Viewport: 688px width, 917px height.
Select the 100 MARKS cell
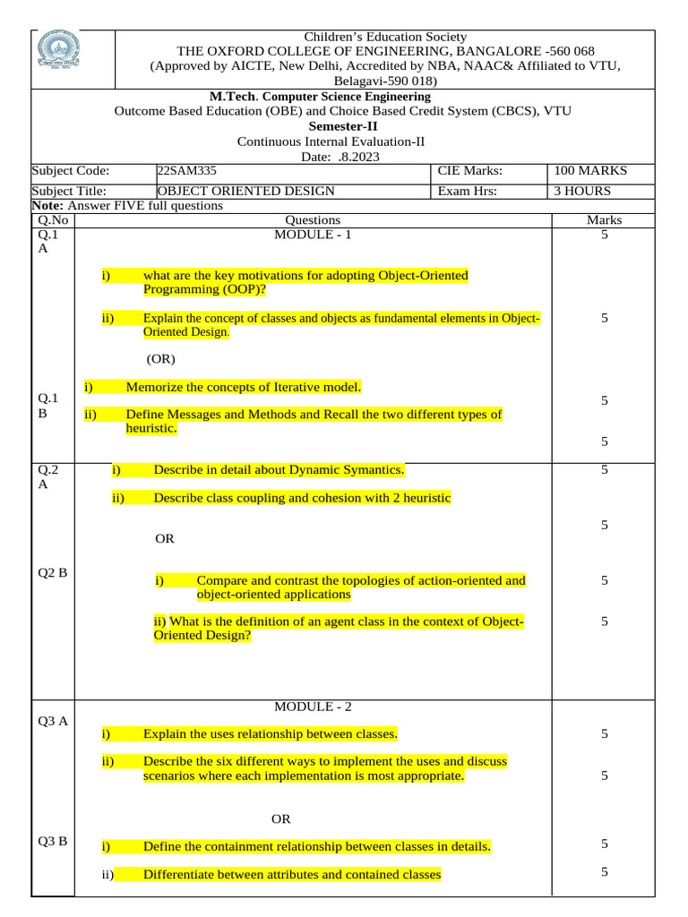coord(591,171)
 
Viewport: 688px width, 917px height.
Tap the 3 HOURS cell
coord(582,191)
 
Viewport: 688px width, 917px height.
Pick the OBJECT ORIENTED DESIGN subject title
coord(245,191)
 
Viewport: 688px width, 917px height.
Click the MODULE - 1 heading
coord(313,235)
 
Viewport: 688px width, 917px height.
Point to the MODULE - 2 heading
coord(313,707)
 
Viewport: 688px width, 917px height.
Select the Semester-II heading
coord(313,126)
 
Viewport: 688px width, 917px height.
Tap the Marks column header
coord(604,219)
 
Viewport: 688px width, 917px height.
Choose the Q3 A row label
coord(53,720)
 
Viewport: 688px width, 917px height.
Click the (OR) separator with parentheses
coord(161,359)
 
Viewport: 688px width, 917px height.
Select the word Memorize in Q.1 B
coord(155,387)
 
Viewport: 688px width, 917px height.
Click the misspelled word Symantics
coord(372,469)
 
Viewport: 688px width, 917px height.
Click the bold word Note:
coord(48,206)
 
